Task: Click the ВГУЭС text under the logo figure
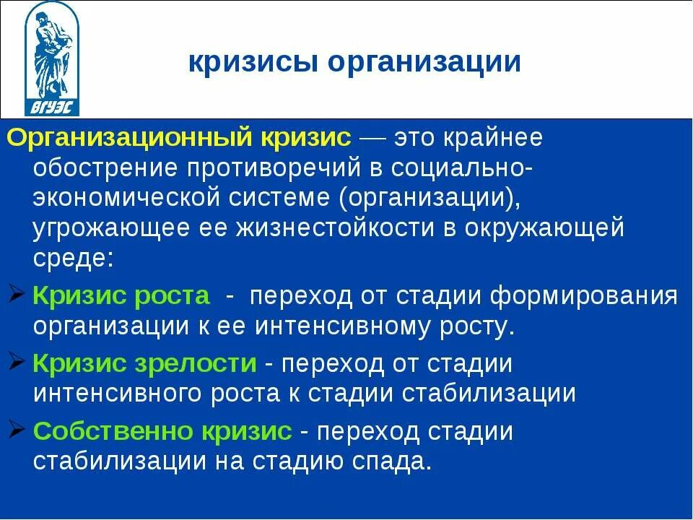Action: click(x=52, y=108)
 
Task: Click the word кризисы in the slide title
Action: click(x=252, y=62)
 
